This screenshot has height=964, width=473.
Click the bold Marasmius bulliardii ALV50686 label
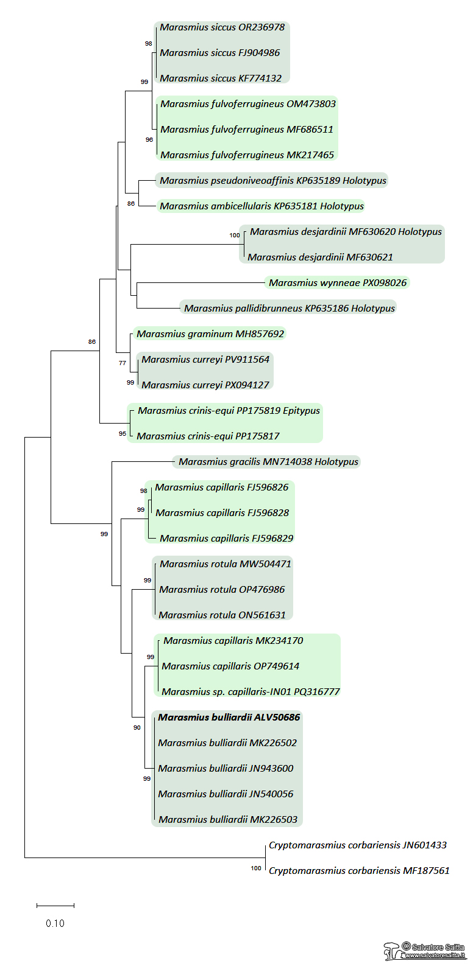[x=229, y=718]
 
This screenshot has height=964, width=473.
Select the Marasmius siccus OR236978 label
[x=222, y=27]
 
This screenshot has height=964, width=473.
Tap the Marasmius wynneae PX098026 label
[x=337, y=283]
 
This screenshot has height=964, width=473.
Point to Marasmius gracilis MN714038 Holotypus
[x=268, y=462]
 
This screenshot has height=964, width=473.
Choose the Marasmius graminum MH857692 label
[x=210, y=334]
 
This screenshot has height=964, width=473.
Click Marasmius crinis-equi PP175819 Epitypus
[x=229, y=411]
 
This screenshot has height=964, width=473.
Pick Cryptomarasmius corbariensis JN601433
[x=357, y=845]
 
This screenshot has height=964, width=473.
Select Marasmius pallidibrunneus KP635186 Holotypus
[x=290, y=309]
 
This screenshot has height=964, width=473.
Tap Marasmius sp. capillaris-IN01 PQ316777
[x=251, y=692]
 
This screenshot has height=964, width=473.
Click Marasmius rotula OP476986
[x=222, y=590]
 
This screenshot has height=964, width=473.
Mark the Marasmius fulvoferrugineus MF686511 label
[x=246, y=130]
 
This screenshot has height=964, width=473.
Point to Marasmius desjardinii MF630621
[x=320, y=257]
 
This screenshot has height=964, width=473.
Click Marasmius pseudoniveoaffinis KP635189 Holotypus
[x=272, y=181]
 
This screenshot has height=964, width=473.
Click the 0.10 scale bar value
[x=55, y=923]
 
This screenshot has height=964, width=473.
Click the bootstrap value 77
[x=123, y=363]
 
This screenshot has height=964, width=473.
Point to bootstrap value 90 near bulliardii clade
[x=137, y=728]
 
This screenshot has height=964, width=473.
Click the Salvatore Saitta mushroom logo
[x=391, y=951]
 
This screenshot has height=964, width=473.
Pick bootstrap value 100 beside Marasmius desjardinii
[x=235, y=236]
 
